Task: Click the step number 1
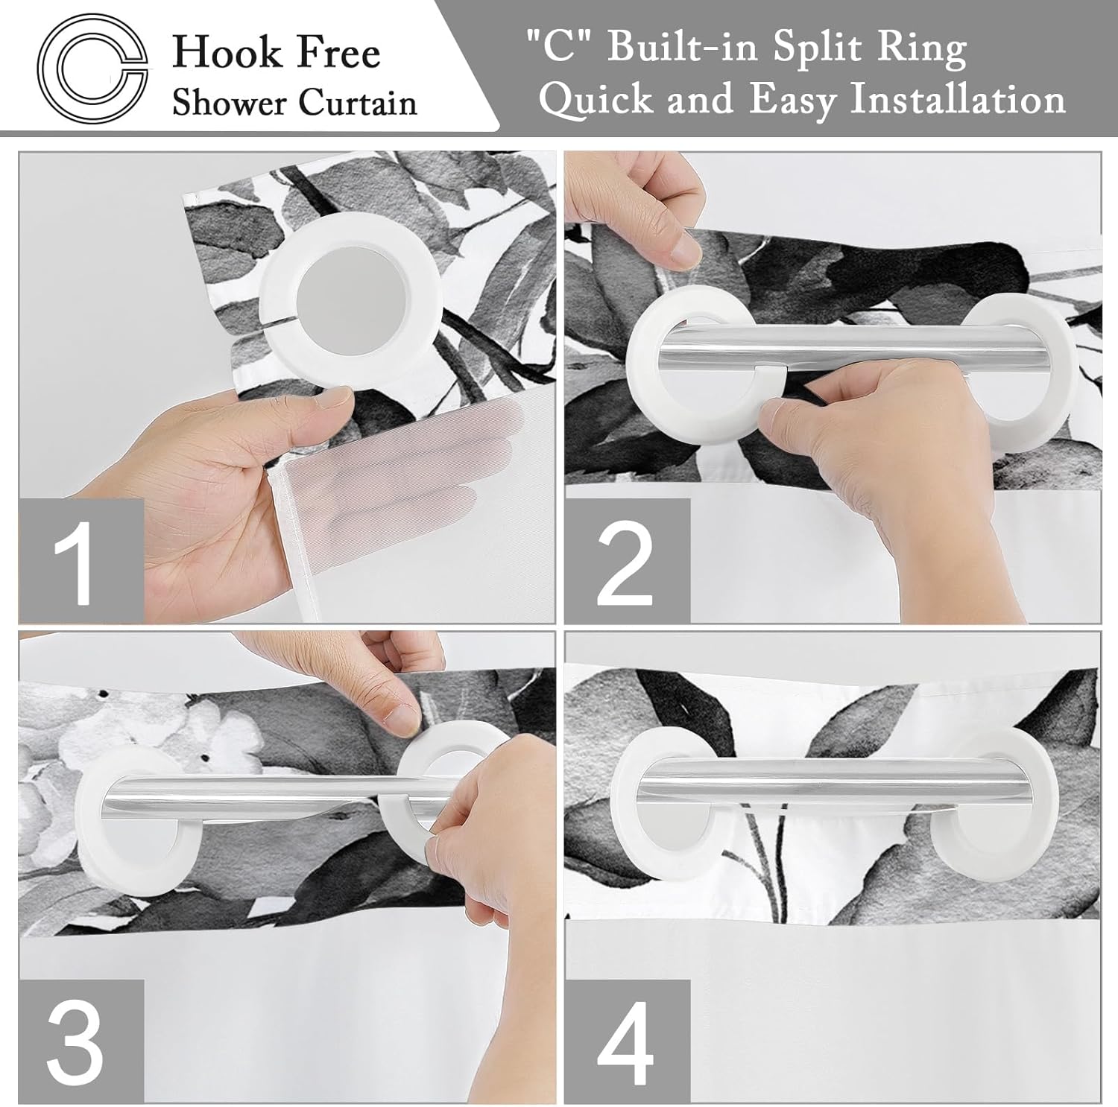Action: [x=80, y=560]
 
